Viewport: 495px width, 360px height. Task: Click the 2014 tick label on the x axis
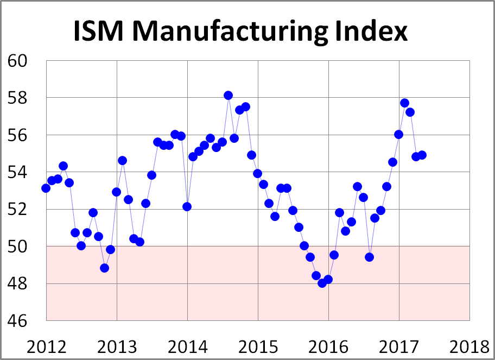coord(188,346)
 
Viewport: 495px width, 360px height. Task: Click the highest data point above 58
coord(228,96)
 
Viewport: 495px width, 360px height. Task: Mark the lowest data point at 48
coord(322,283)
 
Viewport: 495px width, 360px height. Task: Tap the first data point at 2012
coord(46,188)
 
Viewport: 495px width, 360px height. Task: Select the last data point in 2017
coord(422,155)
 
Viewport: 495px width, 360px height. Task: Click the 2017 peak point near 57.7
coord(404,103)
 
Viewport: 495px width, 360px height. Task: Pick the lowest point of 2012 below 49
coord(104,268)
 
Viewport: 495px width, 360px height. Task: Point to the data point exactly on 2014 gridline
coord(187,206)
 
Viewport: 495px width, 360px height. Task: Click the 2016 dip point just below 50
coord(369,257)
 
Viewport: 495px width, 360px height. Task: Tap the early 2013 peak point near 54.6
coord(122,160)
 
